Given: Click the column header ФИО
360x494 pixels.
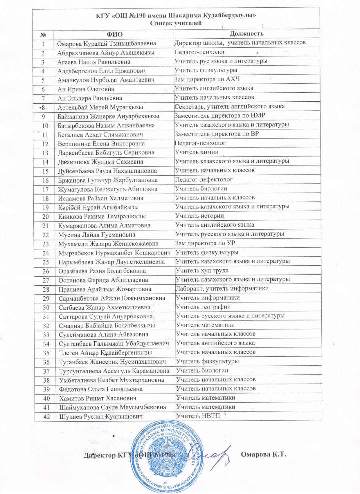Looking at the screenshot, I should (x=114, y=34).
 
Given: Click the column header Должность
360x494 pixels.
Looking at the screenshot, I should (x=247, y=33).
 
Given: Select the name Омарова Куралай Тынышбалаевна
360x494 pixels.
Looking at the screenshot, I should (x=106, y=44).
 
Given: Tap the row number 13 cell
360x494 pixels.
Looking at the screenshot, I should (x=45, y=153).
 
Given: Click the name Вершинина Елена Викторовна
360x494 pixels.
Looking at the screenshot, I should (x=101, y=144).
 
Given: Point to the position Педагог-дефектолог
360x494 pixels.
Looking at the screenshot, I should (x=204, y=179).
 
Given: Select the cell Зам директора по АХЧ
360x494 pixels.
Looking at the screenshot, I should (x=207, y=79).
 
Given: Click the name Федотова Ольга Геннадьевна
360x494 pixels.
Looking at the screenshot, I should (x=101, y=389).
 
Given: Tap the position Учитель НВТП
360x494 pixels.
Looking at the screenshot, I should (x=198, y=416).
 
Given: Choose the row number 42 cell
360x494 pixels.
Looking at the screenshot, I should (x=46, y=417).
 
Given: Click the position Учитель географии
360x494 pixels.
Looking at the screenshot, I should (x=203, y=307).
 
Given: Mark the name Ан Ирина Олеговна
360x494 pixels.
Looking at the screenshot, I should (x=86, y=89).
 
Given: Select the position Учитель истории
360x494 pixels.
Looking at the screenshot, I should (x=200, y=216).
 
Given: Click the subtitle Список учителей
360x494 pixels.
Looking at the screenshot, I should (x=176, y=23).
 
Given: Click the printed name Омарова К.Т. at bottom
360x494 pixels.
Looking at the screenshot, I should (x=263, y=454).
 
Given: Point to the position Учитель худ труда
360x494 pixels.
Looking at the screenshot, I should (x=202, y=270).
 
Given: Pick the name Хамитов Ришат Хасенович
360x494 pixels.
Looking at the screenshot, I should (x=98, y=398).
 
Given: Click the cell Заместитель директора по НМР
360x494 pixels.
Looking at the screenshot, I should (x=220, y=116).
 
